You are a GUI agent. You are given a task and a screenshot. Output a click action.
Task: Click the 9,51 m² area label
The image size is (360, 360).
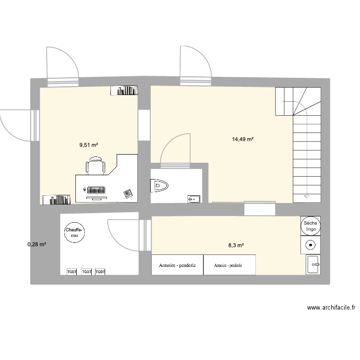pos(89,144)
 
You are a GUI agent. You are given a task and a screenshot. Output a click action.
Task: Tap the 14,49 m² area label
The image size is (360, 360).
pos(242,139)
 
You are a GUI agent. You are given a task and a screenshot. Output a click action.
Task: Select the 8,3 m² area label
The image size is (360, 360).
pos(236,245)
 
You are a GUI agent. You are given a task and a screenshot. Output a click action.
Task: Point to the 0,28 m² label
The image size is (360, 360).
pos(37,245)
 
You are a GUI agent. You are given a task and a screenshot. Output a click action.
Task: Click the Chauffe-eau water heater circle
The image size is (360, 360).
pos(74,233)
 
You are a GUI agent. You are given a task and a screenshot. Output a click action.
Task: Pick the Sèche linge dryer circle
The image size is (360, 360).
pos(311,227)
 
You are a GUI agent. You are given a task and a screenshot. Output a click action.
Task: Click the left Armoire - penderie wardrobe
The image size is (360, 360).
pos(177,265)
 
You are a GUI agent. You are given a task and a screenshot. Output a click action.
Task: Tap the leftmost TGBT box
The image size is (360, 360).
pos(72,272)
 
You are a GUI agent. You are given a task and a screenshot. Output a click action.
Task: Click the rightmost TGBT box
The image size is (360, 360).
pos(100,272)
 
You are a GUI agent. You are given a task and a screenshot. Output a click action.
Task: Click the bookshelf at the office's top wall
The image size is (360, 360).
pos(124,90)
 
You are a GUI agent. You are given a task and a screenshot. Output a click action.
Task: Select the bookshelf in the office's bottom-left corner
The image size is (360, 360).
pos(56,200)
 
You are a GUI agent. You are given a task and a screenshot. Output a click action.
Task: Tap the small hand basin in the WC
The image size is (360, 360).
pos(193,198)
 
